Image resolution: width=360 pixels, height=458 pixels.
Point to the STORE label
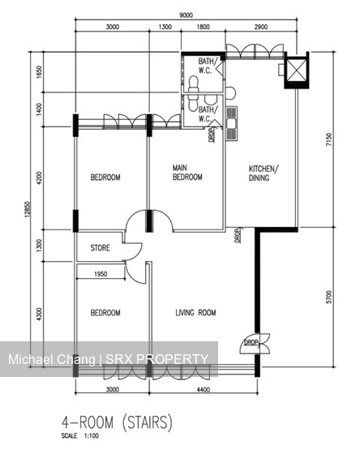[100, 249]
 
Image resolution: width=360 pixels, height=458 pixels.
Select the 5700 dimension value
[328, 298]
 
